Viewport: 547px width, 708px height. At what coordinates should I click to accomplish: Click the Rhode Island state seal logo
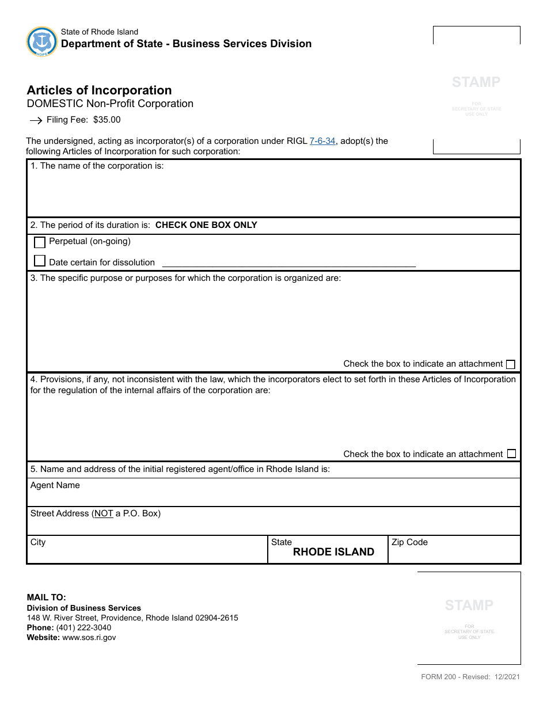(42, 41)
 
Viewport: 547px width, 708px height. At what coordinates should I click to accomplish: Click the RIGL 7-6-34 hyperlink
(322, 141)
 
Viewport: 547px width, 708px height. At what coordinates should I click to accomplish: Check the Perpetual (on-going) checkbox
(40, 242)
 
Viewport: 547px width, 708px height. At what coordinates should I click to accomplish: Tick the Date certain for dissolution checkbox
(40, 261)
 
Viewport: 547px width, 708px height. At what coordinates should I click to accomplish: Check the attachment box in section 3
(510, 364)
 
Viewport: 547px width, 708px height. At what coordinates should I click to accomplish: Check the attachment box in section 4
(511, 454)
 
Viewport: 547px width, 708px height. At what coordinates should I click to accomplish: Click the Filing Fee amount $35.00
(107, 120)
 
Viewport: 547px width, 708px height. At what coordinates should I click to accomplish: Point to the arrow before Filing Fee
(36, 120)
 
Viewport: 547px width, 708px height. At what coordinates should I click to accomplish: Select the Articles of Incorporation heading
(99, 90)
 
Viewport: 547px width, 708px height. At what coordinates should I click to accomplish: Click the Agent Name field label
(55, 485)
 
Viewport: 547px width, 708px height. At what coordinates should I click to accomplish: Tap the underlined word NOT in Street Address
(104, 513)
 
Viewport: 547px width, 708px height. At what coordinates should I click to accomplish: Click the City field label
(38, 542)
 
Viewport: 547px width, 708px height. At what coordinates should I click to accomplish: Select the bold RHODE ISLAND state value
(333, 552)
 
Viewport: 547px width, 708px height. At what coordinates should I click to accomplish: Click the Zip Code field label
(409, 542)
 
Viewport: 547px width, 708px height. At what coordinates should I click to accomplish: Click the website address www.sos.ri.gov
(89, 637)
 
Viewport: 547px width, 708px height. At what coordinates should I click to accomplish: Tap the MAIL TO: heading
(47, 597)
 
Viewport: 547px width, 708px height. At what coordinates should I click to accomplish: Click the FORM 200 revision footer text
(470, 677)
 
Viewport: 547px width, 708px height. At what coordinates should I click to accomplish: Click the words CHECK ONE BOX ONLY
(206, 225)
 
